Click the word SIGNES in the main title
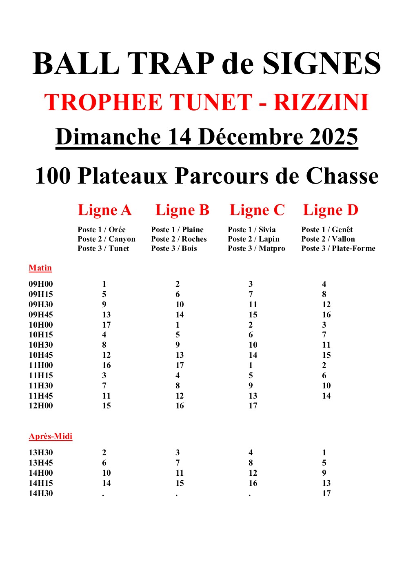(321, 64)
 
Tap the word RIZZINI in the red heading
(321, 102)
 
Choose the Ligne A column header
(104, 210)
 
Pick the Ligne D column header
(331, 210)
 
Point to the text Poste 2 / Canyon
(107, 239)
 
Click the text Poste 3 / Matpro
(256, 248)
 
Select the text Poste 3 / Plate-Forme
(338, 248)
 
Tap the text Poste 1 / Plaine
(177, 230)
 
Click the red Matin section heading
(40, 268)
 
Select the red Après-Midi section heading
(50, 437)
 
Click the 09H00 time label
(41, 284)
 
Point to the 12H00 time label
(41, 406)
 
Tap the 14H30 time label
(41, 494)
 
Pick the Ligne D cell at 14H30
(326, 494)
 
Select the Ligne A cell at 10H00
(106, 325)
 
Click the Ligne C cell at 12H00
(253, 406)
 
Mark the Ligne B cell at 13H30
(178, 453)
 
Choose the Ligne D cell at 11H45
(326, 396)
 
